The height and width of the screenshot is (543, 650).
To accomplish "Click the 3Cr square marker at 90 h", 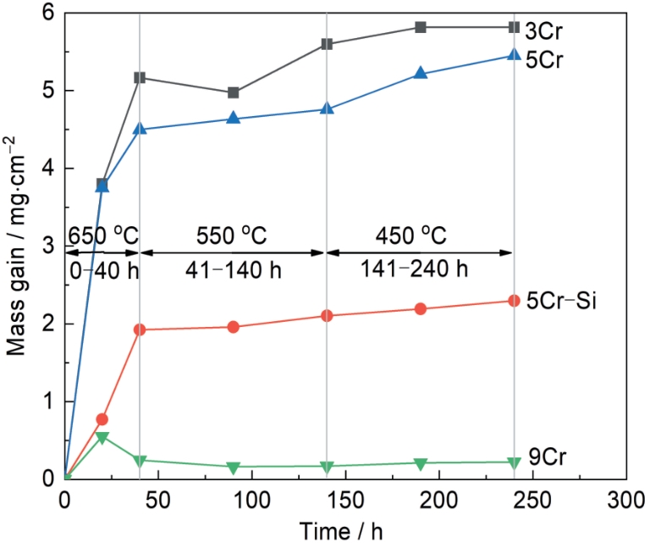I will pyautogui.click(x=234, y=92).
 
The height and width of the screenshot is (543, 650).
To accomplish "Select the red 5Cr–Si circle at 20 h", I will pyautogui.click(x=102, y=419).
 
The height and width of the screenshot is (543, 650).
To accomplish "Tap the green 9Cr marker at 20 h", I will pyautogui.click(x=102, y=437).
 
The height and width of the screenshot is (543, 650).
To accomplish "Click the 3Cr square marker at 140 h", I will pyautogui.click(x=327, y=44).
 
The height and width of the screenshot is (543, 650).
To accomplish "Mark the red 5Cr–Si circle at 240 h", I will pyautogui.click(x=514, y=301).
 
